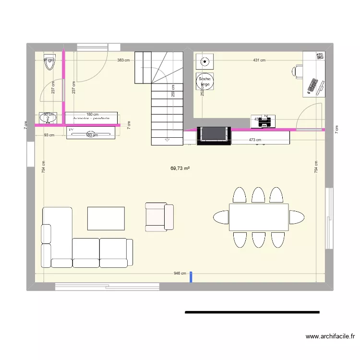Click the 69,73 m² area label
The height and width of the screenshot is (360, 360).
coord(180,168)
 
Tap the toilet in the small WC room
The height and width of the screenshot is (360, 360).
coord(49,62)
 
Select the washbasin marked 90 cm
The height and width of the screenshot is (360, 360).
coord(48,118)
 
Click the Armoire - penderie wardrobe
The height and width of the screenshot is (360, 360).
coord(91,118)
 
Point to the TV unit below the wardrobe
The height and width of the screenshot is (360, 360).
coord(91,132)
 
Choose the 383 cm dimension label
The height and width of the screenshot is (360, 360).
coord(124,60)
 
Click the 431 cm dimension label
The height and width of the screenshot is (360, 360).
coord(259,60)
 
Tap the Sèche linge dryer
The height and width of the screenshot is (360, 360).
coord(205,81)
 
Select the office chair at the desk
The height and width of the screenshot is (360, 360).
coord(298,72)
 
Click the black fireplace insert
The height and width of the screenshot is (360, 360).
coord(214,134)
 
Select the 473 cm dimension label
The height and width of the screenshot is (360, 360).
coord(255,140)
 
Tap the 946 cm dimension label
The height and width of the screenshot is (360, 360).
coord(180,274)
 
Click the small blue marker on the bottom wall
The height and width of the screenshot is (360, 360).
coord(191,276)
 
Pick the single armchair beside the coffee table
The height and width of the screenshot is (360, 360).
coord(159,216)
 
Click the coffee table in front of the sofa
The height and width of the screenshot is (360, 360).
coord(106,218)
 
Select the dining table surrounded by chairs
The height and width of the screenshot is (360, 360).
coord(259,217)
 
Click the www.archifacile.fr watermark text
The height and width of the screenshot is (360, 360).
coord(329,337)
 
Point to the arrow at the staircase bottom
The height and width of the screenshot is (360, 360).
coord(167,140)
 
